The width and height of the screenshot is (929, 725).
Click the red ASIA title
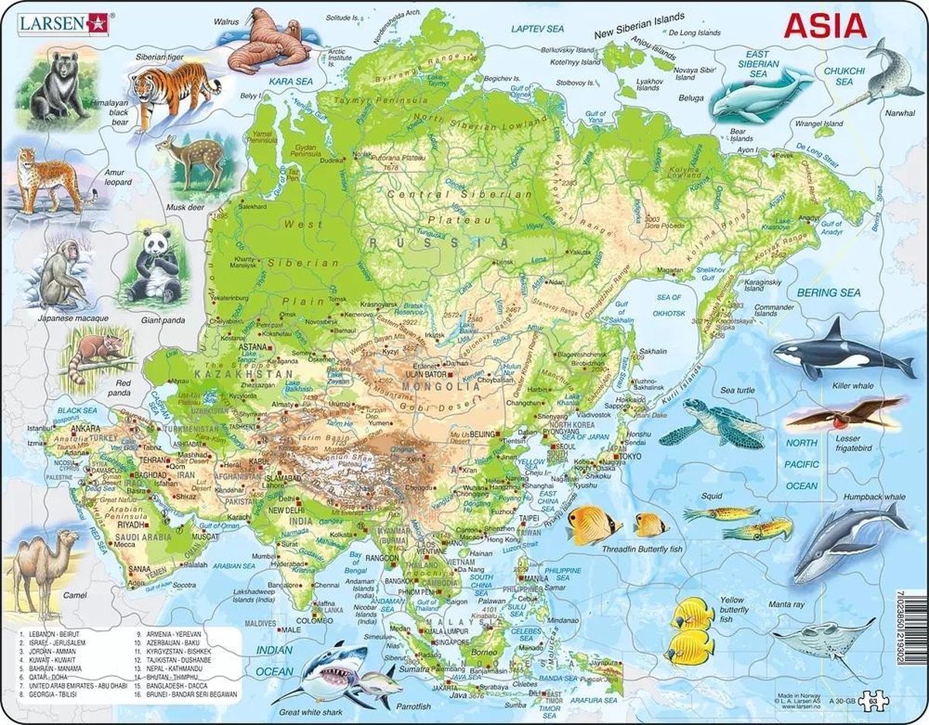[x=824, y=26]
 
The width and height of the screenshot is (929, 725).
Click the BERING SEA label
[x=828, y=292]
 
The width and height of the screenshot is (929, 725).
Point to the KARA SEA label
[x=285, y=80]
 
